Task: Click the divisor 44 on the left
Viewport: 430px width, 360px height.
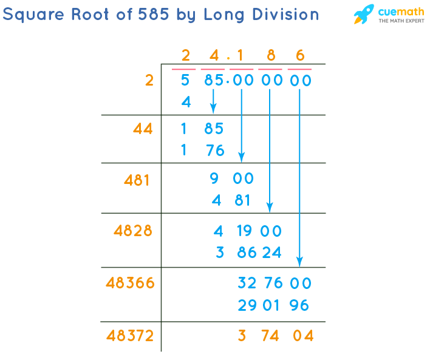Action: click(x=143, y=129)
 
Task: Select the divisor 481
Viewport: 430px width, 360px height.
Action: click(x=137, y=180)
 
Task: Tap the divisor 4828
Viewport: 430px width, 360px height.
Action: click(x=133, y=231)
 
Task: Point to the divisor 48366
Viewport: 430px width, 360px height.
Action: click(x=130, y=283)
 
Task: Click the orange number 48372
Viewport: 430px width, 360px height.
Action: click(x=130, y=336)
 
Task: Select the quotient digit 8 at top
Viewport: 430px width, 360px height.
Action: click(x=271, y=56)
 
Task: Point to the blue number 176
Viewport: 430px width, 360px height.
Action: click(x=203, y=150)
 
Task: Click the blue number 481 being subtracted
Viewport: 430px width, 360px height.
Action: click(x=231, y=200)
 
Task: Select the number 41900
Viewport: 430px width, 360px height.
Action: click(x=247, y=231)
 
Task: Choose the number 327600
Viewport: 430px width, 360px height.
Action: click(x=274, y=283)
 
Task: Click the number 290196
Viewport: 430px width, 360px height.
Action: click(x=274, y=305)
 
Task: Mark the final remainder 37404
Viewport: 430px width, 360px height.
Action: click(x=275, y=336)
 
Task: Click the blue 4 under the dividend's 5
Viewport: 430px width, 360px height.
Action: click(x=186, y=102)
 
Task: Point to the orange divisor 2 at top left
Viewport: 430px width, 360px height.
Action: click(x=149, y=80)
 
